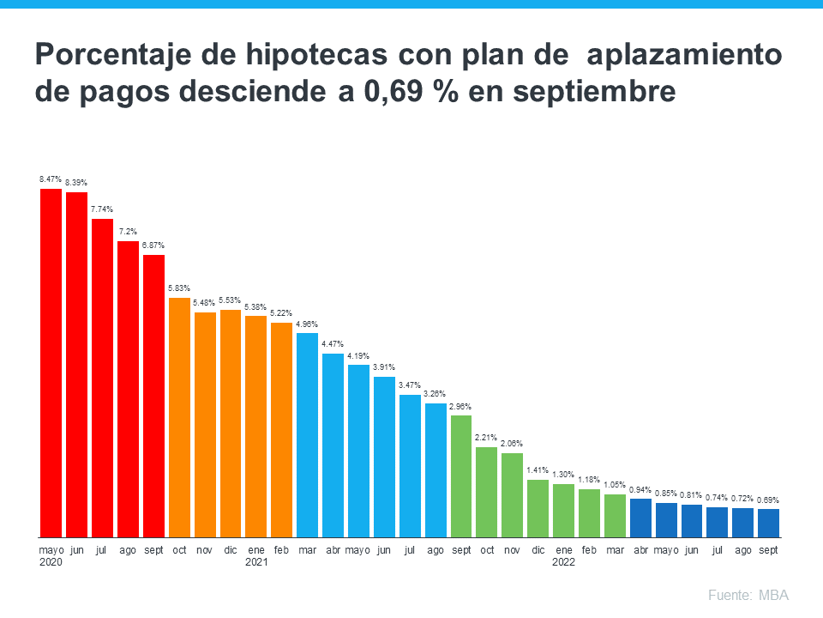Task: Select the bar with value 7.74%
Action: [102, 378]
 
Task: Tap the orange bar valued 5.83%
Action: [179, 417]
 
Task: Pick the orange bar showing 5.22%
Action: [281, 429]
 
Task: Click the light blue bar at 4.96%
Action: [307, 434]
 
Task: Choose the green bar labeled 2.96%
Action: [461, 476]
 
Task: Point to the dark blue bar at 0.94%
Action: [640, 518]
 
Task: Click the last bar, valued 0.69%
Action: [768, 523]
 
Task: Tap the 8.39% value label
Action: [76, 183]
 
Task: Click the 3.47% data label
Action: [410, 385]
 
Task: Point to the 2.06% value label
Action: [512, 444]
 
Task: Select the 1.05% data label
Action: [615, 485]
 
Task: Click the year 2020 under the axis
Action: [51, 563]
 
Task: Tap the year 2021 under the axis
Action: [256, 563]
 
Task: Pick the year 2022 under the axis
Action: [563, 563]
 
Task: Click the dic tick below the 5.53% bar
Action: [231, 549]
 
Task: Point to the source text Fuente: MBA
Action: [748, 595]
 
